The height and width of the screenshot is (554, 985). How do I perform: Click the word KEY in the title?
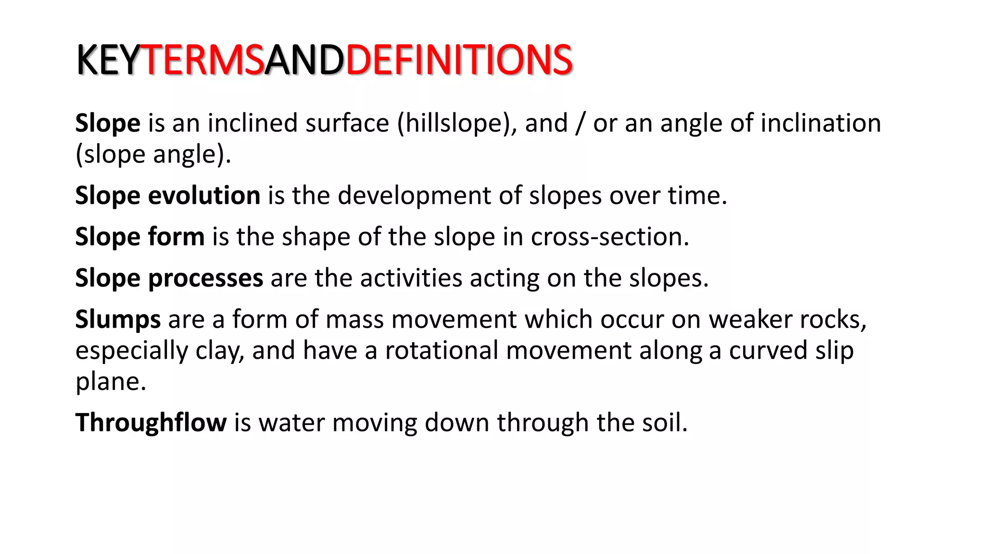click(108, 60)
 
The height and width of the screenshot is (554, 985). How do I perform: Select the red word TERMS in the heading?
click(202, 60)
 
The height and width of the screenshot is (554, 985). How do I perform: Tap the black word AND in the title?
click(304, 60)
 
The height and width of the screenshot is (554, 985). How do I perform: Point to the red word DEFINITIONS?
click(459, 60)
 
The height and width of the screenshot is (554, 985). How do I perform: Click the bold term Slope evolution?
click(168, 196)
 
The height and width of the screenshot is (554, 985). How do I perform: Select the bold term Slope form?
click(140, 237)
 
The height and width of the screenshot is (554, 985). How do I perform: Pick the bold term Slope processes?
click(169, 278)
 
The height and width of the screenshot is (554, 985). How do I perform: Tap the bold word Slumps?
click(118, 319)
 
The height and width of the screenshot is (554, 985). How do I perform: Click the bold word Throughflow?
click(151, 423)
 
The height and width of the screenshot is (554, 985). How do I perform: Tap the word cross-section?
click(609, 237)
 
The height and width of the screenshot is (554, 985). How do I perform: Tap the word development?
click(414, 196)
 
